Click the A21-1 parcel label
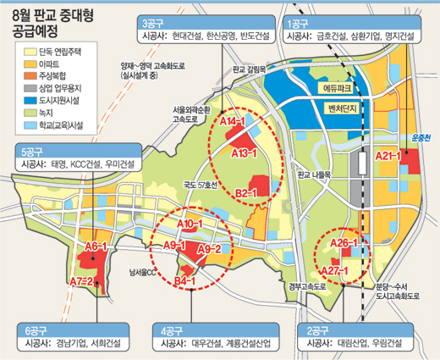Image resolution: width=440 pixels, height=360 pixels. (x=387, y=156)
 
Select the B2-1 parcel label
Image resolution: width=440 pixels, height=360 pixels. (x=246, y=193)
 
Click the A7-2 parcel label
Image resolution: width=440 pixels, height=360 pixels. (x=82, y=280)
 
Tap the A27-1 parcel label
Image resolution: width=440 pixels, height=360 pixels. (x=336, y=269)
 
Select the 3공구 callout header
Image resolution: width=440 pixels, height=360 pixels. (x=155, y=23)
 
